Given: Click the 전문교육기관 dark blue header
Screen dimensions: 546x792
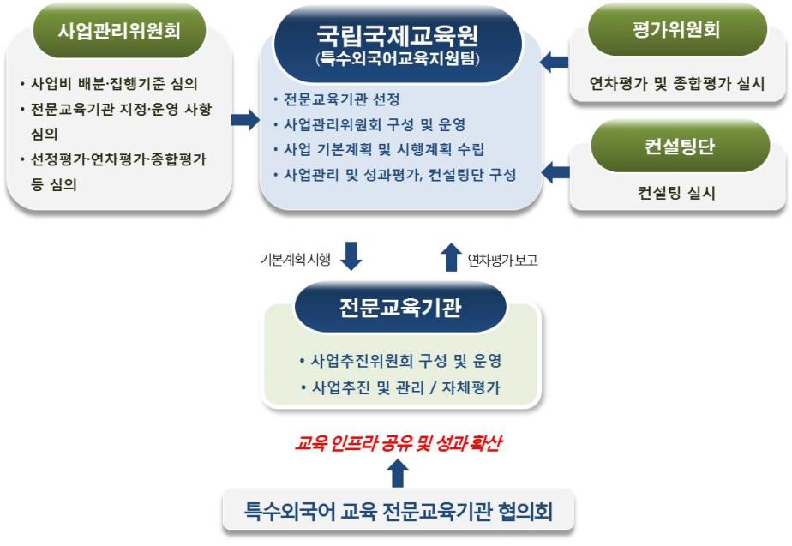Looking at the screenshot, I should [399, 307].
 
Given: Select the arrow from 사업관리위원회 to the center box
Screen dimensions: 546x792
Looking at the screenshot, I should [245, 120].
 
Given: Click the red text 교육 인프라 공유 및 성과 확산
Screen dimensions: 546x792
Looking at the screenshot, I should [399, 443].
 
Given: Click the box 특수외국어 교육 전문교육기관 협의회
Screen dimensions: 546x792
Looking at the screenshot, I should [399, 512].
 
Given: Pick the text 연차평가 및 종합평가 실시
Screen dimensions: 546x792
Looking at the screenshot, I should [676, 84].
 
